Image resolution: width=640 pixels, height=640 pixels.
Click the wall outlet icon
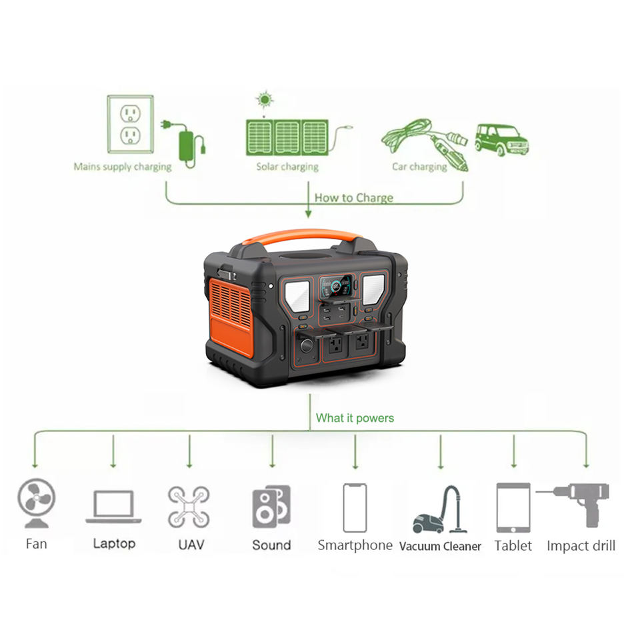coord(130,125)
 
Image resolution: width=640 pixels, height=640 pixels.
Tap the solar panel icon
coord(287,137)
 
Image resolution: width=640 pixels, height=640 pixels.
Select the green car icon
coord(501,139)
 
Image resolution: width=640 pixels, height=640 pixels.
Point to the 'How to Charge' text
coord(353,197)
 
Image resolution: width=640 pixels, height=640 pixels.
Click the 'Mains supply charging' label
coord(123,167)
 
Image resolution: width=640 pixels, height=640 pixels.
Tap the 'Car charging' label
coord(419,167)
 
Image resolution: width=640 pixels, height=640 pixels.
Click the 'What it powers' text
coord(355,419)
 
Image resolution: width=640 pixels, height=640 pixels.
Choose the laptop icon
coord(113,507)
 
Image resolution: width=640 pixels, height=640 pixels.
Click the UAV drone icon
coord(189,506)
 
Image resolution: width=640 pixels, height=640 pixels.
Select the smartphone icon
coord(355,507)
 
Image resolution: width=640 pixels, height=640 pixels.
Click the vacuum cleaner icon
coord(440,510)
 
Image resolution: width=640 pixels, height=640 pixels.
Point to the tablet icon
coord(513,507)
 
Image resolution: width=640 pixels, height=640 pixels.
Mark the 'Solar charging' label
coord(287,167)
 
